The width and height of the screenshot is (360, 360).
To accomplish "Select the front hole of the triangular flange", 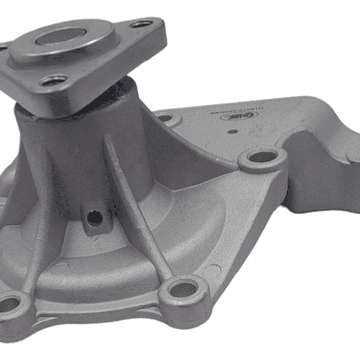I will (54, 81).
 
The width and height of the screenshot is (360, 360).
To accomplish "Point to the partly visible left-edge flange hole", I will (3, 48).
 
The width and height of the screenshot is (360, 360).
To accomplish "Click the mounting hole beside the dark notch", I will (262, 157).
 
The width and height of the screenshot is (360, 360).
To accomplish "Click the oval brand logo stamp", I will (249, 115).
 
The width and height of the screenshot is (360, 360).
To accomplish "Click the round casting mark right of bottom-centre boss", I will (213, 273).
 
